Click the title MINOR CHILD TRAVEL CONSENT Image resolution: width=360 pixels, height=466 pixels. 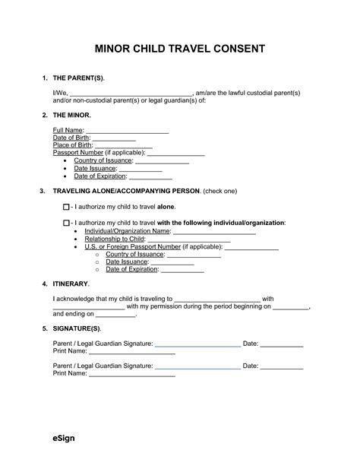(x=179, y=49)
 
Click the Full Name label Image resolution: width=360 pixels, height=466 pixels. (x=68, y=131)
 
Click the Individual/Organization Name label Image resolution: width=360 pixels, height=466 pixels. (x=127, y=230)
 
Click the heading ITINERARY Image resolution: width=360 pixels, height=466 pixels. (x=72, y=283)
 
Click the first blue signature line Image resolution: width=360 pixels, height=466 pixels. (x=197, y=346)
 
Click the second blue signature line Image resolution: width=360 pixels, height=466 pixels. (x=197, y=368)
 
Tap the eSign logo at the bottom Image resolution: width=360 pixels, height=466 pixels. (x=63, y=439)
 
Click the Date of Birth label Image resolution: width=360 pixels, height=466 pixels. (x=71, y=138)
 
